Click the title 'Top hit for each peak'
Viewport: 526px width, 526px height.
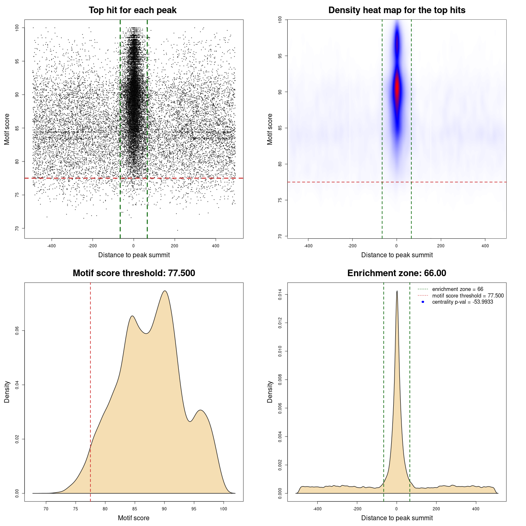pyautogui.click(x=132, y=10)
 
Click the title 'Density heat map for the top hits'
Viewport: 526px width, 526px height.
pyautogui.click(x=397, y=10)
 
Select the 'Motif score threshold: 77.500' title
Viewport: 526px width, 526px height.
pyautogui.click(x=134, y=273)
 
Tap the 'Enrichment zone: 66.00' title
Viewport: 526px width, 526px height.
pyautogui.click(x=397, y=273)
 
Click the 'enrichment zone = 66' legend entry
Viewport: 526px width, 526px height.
pyautogui.click(x=457, y=289)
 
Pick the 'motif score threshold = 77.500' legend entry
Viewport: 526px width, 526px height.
pyautogui.click(x=468, y=295)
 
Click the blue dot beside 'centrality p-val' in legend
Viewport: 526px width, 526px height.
pyautogui.click(x=423, y=302)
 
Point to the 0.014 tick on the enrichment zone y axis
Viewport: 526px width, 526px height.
pyautogui.click(x=280, y=295)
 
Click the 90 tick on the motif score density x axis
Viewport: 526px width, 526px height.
pyautogui.click(x=164, y=509)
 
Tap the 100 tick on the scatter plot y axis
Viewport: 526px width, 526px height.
pyautogui.click(x=17, y=28)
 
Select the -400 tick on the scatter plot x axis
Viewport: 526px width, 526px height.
pyautogui.click(x=51, y=246)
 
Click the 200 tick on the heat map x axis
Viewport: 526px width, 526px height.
pyautogui.click(x=441, y=246)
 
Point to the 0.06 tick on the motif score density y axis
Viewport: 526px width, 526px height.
pyautogui.click(x=17, y=331)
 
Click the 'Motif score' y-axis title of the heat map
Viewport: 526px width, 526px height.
pyautogui.click(x=270, y=129)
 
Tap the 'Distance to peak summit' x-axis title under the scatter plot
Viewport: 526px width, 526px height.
pyautogui.click(x=134, y=255)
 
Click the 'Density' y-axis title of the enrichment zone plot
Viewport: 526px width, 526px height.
pyautogui.click(x=270, y=392)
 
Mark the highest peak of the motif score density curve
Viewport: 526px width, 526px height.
pyautogui.click(x=165, y=291)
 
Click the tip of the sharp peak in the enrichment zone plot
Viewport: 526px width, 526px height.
pyautogui.click(x=397, y=291)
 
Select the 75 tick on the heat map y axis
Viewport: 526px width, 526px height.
pyautogui.click(x=280, y=200)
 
